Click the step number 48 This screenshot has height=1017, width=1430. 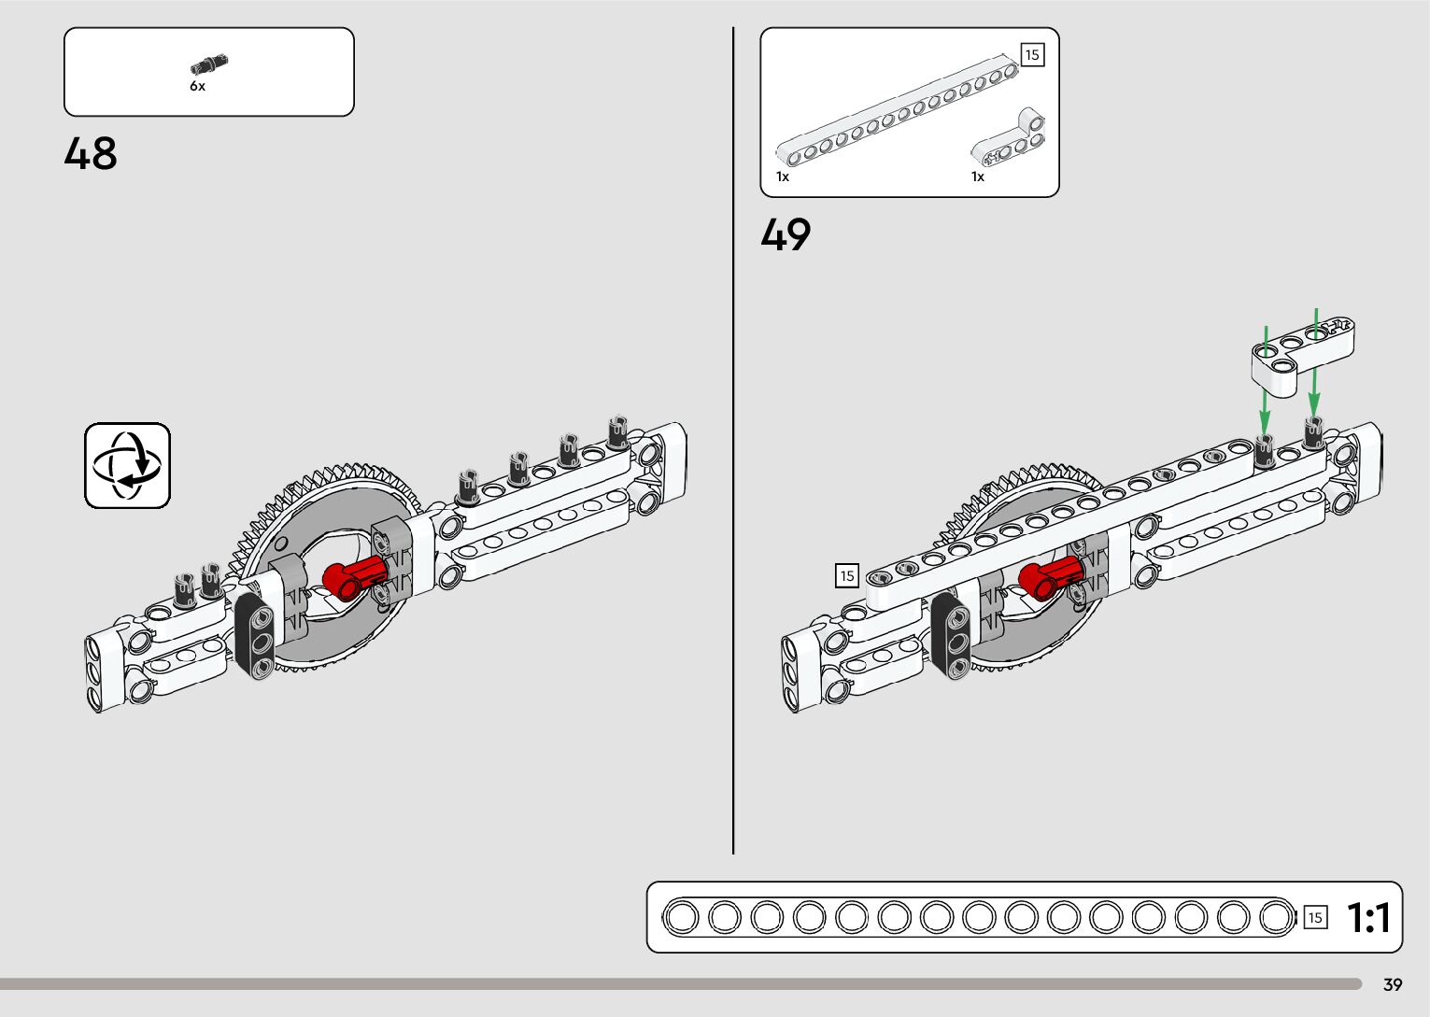(91, 154)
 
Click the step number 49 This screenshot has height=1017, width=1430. (786, 235)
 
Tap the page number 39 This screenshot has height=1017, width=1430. (1393, 985)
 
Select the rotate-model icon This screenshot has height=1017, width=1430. (128, 465)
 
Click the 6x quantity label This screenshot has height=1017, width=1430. (197, 87)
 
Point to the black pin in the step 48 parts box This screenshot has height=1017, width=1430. (209, 64)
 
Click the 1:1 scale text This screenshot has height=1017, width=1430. (1368, 918)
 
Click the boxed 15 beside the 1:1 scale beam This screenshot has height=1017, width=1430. (1314, 918)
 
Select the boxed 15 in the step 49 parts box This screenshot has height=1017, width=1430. (1031, 55)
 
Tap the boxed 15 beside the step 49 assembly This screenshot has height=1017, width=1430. (846, 575)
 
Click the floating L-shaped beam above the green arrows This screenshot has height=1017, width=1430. (1303, 353)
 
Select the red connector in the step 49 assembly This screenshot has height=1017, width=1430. (1050, 577)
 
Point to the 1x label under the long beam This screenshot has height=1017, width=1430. (783, 177)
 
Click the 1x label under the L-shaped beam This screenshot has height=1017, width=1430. (978, 177)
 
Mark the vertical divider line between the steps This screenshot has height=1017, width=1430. (733, 439)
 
